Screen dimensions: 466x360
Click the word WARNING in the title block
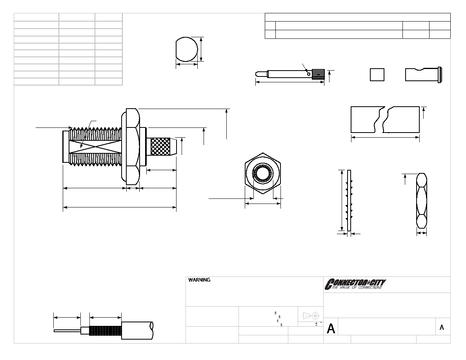[x=199, y=280]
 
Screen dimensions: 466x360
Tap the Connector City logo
[x=355, y=284]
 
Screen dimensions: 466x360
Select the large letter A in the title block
[x=331, y=329]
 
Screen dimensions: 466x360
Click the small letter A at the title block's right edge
[x=442, y=327]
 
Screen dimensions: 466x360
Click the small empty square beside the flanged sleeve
[x=377, y=75]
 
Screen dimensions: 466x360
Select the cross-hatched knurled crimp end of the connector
[x=160, y=147]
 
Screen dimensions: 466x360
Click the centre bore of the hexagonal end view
[x=262, y=173]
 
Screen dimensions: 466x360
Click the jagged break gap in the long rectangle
[x=382, y=119]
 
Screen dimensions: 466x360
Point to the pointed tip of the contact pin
[x=256, y=73]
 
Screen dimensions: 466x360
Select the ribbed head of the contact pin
[x=318, y=74]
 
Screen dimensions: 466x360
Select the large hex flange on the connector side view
[x=130, y=145]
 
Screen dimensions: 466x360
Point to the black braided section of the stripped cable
[x=105, y=331]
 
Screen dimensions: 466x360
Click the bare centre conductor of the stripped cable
[x=67, y=331]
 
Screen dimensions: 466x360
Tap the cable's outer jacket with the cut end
[x=138, y=330]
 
